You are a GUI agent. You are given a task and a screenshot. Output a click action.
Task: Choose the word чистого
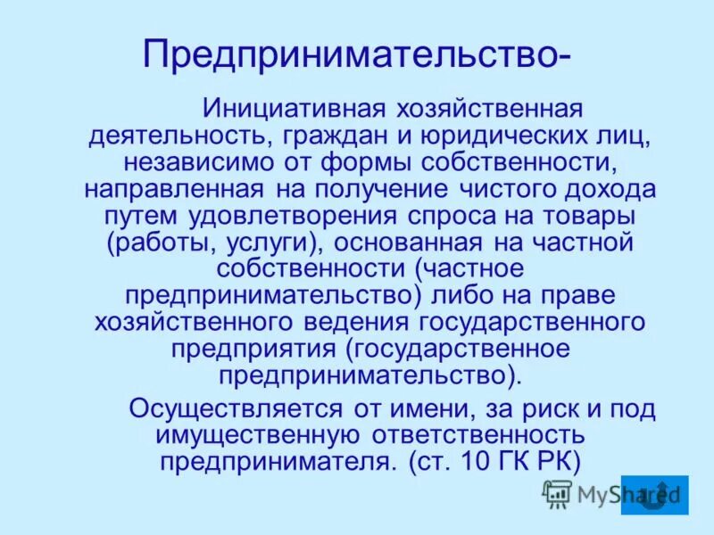tap(517, 190)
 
